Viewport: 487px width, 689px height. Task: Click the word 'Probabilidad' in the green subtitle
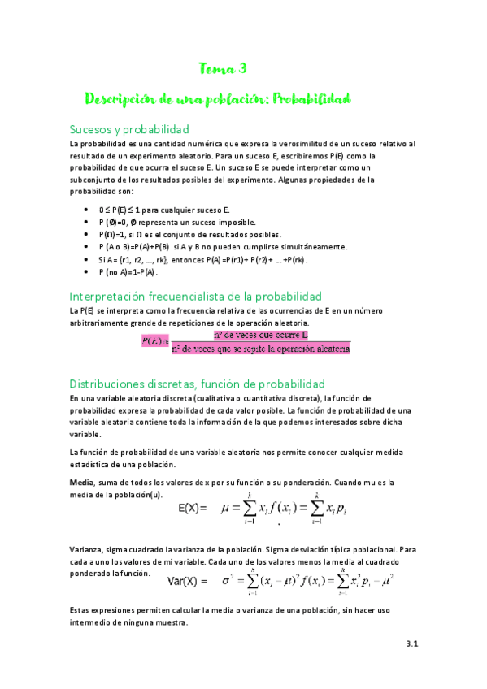(x=311, y=99)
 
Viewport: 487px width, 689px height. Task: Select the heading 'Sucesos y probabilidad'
(x=129, y=129)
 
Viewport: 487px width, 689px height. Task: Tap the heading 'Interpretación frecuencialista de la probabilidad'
(x=196, y=296)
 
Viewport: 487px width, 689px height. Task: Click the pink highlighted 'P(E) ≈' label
(x=154, y=340)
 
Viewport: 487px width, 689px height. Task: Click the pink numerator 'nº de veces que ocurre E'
(x=260, y=334)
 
